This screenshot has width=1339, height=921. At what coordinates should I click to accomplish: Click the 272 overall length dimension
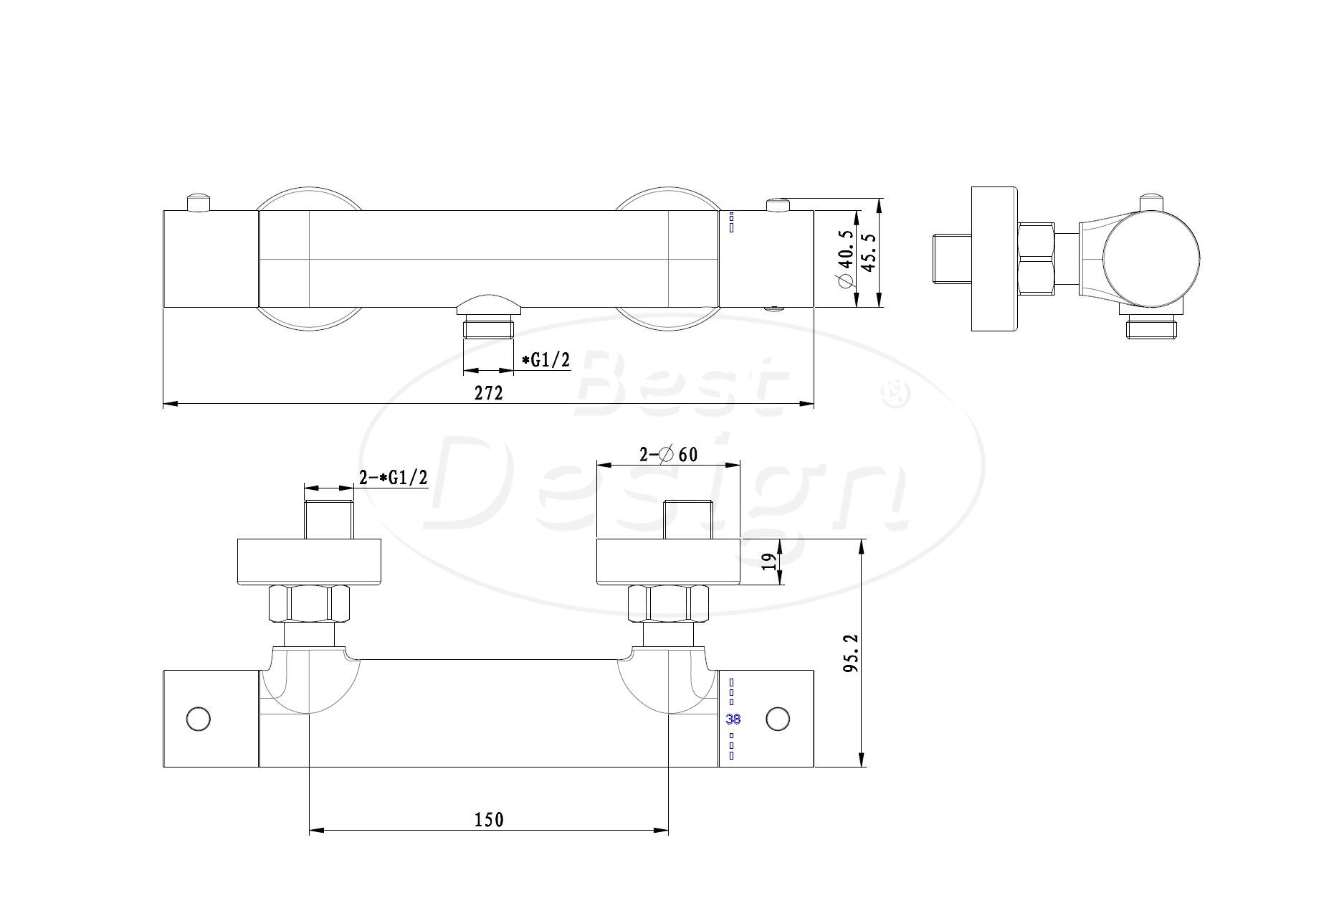pyautogui.click(x=489, y=392)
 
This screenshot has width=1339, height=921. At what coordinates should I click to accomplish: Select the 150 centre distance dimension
pyautogui.click(x=489, y=819)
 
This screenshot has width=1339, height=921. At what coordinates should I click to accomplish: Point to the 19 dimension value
pyautogui.click(x=770, y=561)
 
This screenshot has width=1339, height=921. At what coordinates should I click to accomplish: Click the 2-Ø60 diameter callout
pyautogui.click(x=668, y=454)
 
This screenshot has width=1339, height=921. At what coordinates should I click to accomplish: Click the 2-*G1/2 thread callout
pyautogui.click(x=393, y=478)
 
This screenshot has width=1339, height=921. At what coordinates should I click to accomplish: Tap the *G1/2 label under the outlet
pyautogui.click(x=545, y=360)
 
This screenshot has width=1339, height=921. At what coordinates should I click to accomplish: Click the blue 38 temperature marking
pyautogui.click(x=733, y=719)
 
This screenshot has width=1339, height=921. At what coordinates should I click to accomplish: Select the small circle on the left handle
pyautogui.click(x=197, y=719)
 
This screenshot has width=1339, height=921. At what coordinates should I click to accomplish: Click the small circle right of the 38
pyautogui.click(x=778, y=719)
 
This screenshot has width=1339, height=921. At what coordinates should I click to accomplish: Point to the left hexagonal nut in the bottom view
pyautogui.click(x=309, y=604)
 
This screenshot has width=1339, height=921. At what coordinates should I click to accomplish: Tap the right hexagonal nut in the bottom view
pyautogui.click(x=668, y=604)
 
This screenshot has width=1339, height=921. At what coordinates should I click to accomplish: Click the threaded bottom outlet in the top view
pyautogui.click(x=489, y=329)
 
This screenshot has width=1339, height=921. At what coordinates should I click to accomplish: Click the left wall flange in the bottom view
pyautogui.click(x=309, y=562)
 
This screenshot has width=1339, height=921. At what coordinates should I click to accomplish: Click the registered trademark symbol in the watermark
pyautogui.click(x=898, y=393)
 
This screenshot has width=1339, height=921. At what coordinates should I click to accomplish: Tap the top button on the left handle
pyautogui.click(x=199, y=202)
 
